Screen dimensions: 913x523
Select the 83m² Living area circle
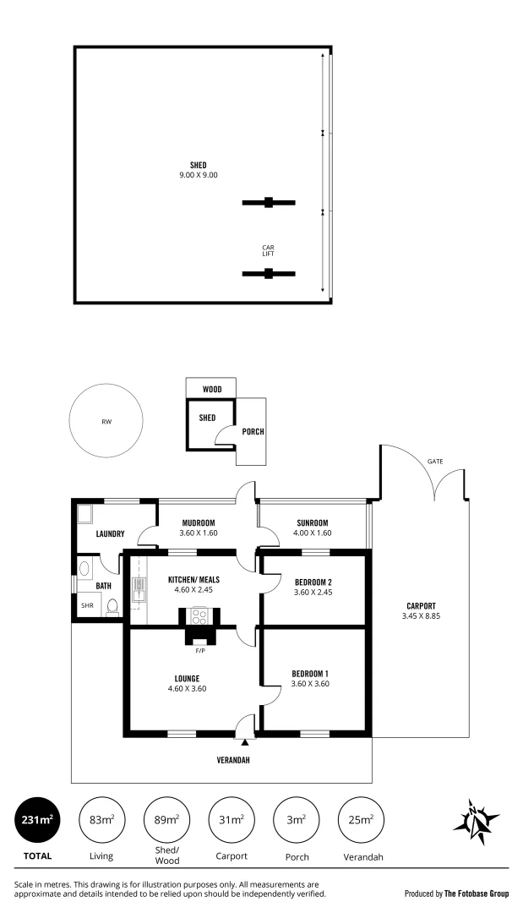click(x=101, y=819)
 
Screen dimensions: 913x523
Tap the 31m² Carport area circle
click(x=232, y=819)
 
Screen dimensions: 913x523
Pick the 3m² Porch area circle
click(x=296, y=819)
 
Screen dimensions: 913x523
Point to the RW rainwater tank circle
click(x=106, y=421)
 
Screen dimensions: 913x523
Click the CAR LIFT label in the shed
click(x=268, y=250)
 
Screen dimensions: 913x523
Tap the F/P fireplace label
click(x=200, y=651)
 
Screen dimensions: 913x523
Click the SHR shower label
click(x=87, y=606)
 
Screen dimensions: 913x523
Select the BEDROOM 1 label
click(x=310, y=673)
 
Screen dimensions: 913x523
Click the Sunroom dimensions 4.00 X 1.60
click(x=312, y=533)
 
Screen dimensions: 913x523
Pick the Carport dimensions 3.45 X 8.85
click(x=420, y=616)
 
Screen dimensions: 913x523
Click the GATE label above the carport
click(x=434, y=462)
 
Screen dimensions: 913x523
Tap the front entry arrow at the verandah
click(x=245, y=741)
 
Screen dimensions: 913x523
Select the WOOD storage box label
click(x=211, y=390)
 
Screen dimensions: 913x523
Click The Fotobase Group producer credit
click(x=456, y=893)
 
